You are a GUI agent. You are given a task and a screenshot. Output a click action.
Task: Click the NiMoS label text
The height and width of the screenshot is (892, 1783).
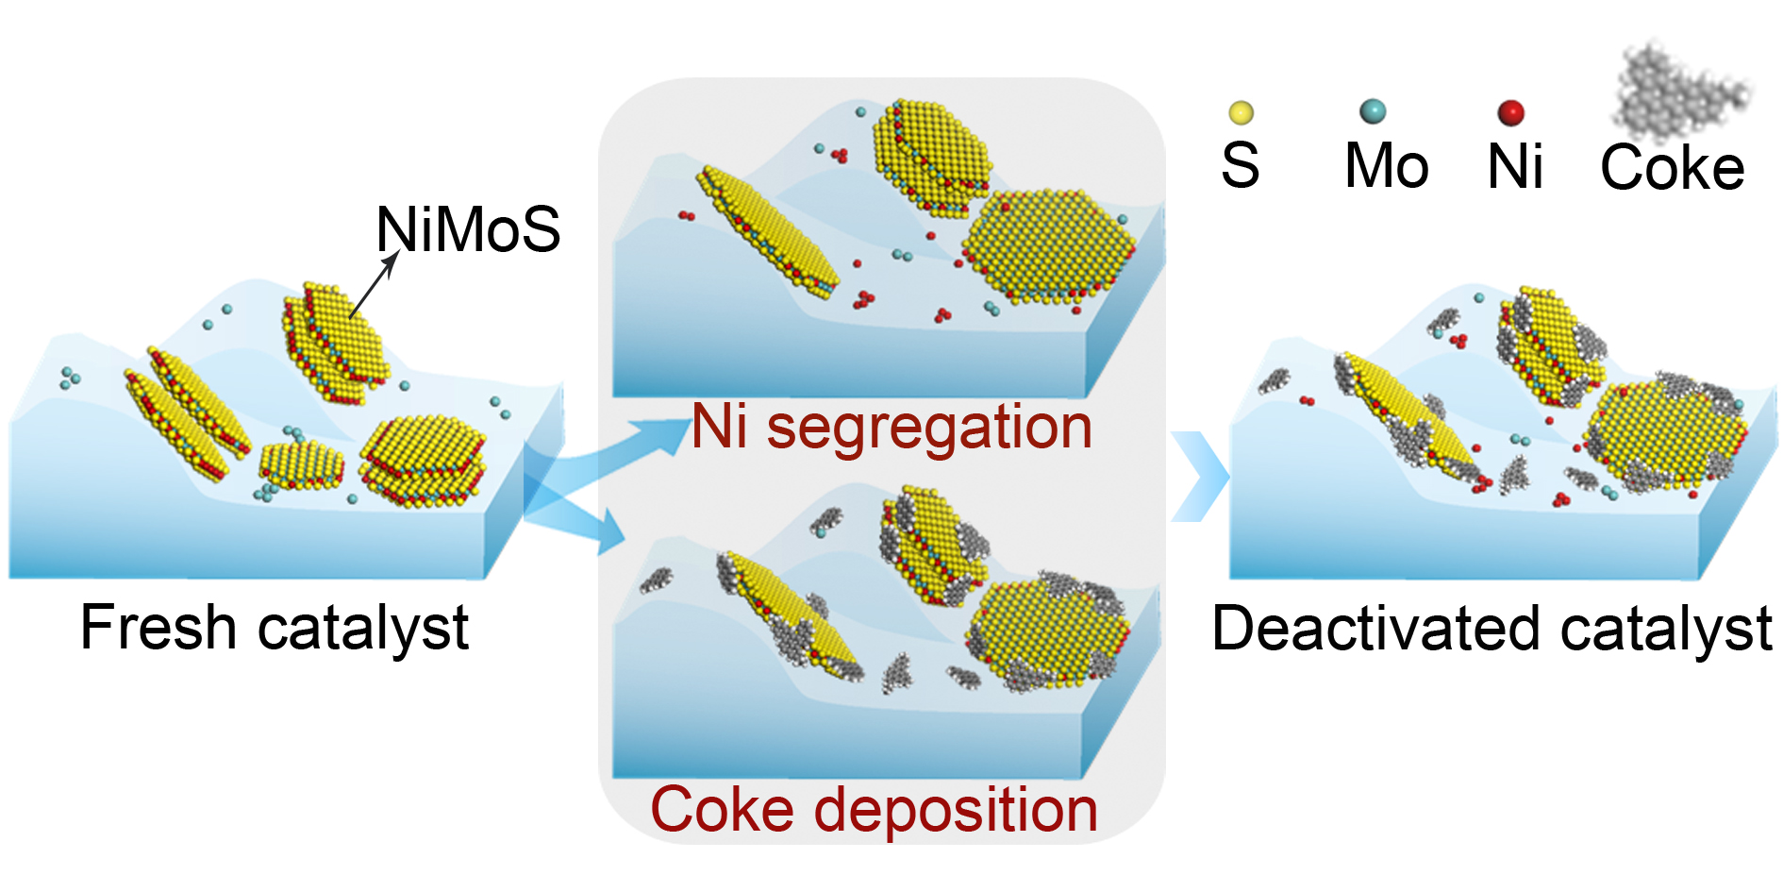468,229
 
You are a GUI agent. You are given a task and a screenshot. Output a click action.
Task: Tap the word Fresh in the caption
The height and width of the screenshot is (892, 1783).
158,628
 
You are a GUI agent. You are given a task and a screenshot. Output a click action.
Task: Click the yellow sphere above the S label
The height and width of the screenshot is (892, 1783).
1241,113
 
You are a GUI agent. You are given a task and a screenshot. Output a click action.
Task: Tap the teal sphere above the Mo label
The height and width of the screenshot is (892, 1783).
1373,111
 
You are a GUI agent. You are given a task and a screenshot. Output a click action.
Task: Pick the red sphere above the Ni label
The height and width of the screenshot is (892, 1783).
1511,112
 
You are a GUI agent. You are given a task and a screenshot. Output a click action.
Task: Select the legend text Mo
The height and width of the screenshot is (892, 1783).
1386,167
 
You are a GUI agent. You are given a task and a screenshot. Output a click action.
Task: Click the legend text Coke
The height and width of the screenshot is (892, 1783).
1672,168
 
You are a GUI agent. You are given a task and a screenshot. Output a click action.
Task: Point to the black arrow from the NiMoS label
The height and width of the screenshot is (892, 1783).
373,286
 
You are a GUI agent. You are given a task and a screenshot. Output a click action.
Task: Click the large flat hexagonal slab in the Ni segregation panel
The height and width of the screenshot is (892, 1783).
1047,245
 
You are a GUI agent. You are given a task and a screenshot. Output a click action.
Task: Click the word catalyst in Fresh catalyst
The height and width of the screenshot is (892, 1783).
363,628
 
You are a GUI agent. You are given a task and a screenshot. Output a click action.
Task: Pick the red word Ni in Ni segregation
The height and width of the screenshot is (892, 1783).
720,428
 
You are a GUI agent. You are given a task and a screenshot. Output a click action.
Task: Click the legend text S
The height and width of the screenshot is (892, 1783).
1240,166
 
